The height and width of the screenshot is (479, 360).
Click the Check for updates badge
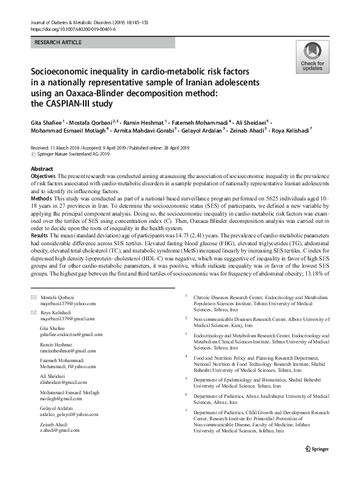click(x=309, y=58)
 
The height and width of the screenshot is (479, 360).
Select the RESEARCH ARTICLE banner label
click(x=58, y=42)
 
